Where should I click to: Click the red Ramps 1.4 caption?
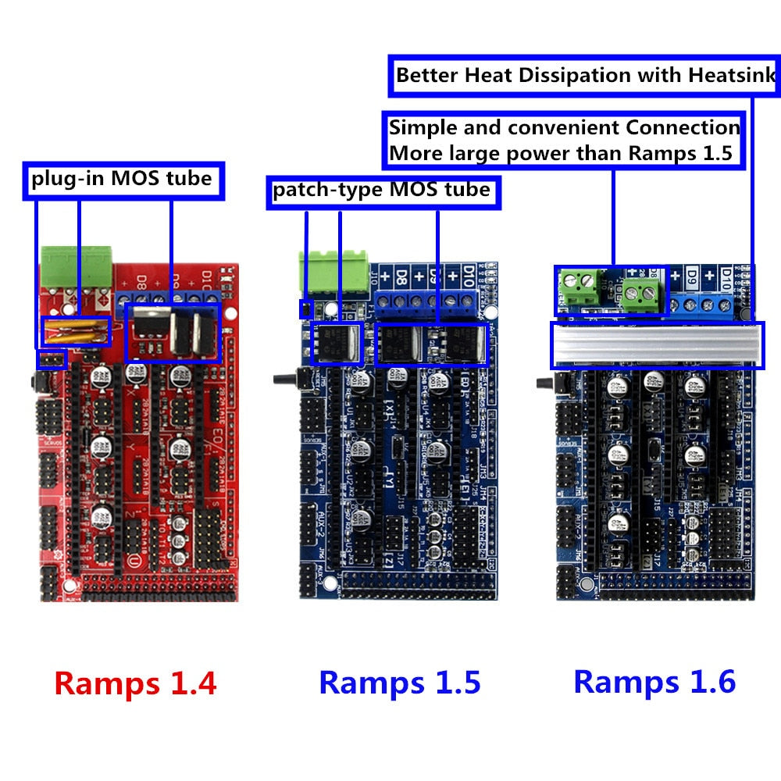[135, 683]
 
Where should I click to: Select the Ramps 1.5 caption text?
[399, 682]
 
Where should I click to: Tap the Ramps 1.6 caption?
[654, 681]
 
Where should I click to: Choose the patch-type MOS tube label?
[382, 190]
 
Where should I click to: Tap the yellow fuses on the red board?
[77, 331]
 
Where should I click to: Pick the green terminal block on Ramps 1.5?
[333, 273]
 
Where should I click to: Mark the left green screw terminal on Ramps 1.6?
[580, 289]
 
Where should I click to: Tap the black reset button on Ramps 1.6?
[546, 383]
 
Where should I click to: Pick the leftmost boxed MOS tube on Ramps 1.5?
[336, 344]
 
